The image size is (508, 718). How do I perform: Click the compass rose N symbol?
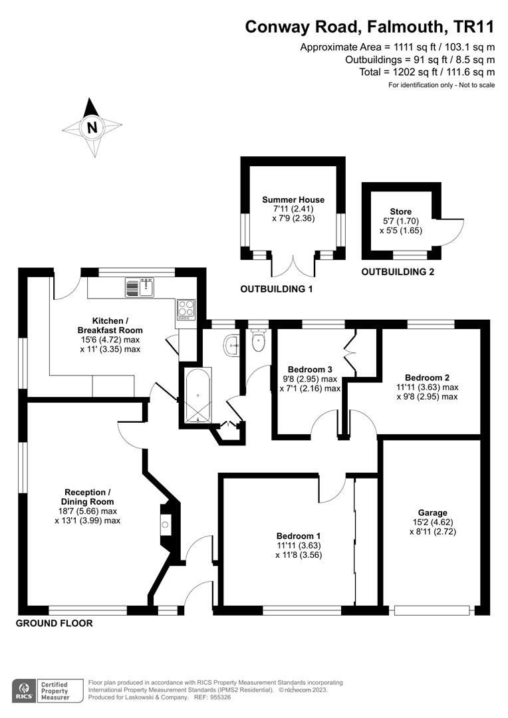(92, 127)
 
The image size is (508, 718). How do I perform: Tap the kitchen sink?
(140, 287)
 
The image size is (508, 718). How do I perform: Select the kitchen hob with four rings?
(186, 308)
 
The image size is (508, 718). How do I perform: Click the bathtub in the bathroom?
(197, 398)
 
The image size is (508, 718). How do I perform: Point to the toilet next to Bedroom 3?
(259, 342)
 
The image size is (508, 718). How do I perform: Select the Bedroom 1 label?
(299, 536)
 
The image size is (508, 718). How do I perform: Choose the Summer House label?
(293, 199)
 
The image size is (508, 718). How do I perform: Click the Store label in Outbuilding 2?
(401, 212)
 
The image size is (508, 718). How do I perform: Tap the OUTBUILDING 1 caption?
(276, 289)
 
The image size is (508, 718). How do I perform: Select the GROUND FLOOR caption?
(54, 624)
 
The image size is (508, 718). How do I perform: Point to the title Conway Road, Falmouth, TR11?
(370, 27)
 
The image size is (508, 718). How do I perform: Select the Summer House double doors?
(293, 265)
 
